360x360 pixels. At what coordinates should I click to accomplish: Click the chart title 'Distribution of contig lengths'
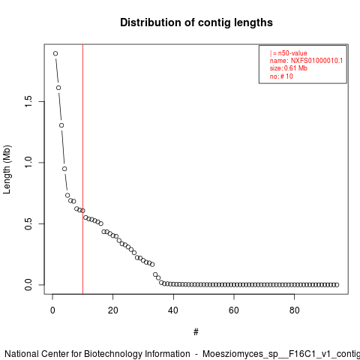(196, 22)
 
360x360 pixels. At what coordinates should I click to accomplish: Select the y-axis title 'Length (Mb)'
(7, 169)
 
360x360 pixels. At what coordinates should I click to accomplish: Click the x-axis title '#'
(196, 332)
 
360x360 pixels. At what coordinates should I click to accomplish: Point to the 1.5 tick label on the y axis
(28, 101)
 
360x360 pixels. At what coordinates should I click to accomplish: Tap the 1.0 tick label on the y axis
(28, 163)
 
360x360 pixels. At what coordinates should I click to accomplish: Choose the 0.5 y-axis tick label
(28, 223)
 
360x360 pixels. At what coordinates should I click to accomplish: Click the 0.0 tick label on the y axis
(28, 285)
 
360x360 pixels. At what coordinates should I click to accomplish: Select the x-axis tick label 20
(113, 310)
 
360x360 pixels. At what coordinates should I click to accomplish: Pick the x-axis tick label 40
(173, 310)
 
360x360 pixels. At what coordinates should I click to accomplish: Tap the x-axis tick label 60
(234, 310)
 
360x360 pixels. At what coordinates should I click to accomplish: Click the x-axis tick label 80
(295, 310)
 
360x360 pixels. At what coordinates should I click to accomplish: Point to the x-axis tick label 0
(52, 310)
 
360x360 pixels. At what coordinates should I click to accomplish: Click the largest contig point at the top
(55, 53)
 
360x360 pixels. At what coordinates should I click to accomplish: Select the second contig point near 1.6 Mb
(58, 88)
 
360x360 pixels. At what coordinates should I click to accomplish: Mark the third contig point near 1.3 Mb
(61, 125)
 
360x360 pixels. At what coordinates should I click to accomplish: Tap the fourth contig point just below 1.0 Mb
(64, 169)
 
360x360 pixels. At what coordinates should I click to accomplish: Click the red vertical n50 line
(82, 169)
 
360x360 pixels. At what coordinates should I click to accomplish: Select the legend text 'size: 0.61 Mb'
(288, 68)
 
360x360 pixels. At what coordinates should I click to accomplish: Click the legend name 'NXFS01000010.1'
(316, 61)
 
